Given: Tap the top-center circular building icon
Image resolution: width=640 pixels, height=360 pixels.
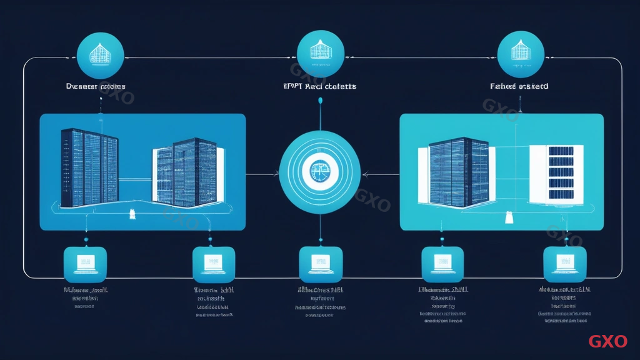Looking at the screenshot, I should point(320,54).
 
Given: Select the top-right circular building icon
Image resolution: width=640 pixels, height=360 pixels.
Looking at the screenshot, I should point(520,54).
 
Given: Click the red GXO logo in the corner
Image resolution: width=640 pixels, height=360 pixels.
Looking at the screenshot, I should point(607,341).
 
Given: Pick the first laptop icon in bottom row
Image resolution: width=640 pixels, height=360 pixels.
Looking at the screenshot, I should point(86,264).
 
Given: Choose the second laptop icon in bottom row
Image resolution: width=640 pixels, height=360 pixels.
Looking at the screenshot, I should point(213,264).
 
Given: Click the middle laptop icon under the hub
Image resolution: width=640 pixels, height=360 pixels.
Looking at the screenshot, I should point(321,264).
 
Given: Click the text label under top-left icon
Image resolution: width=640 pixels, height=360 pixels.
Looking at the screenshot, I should point(96,86).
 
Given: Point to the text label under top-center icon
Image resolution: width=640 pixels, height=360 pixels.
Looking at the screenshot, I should point(320,86).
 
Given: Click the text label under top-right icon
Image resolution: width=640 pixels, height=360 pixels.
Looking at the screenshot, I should point(519,86).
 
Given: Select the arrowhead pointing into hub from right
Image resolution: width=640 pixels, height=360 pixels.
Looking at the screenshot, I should point(365,175).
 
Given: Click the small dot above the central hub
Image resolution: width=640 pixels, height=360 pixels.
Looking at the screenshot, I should point(320,100).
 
